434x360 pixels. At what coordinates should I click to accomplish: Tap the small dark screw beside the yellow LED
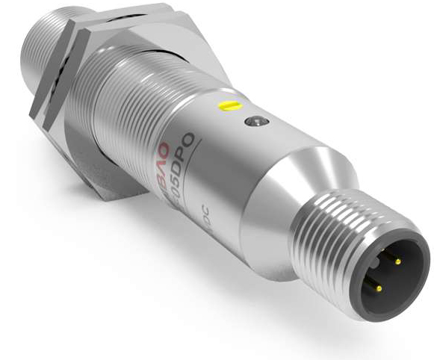[256, 121]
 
